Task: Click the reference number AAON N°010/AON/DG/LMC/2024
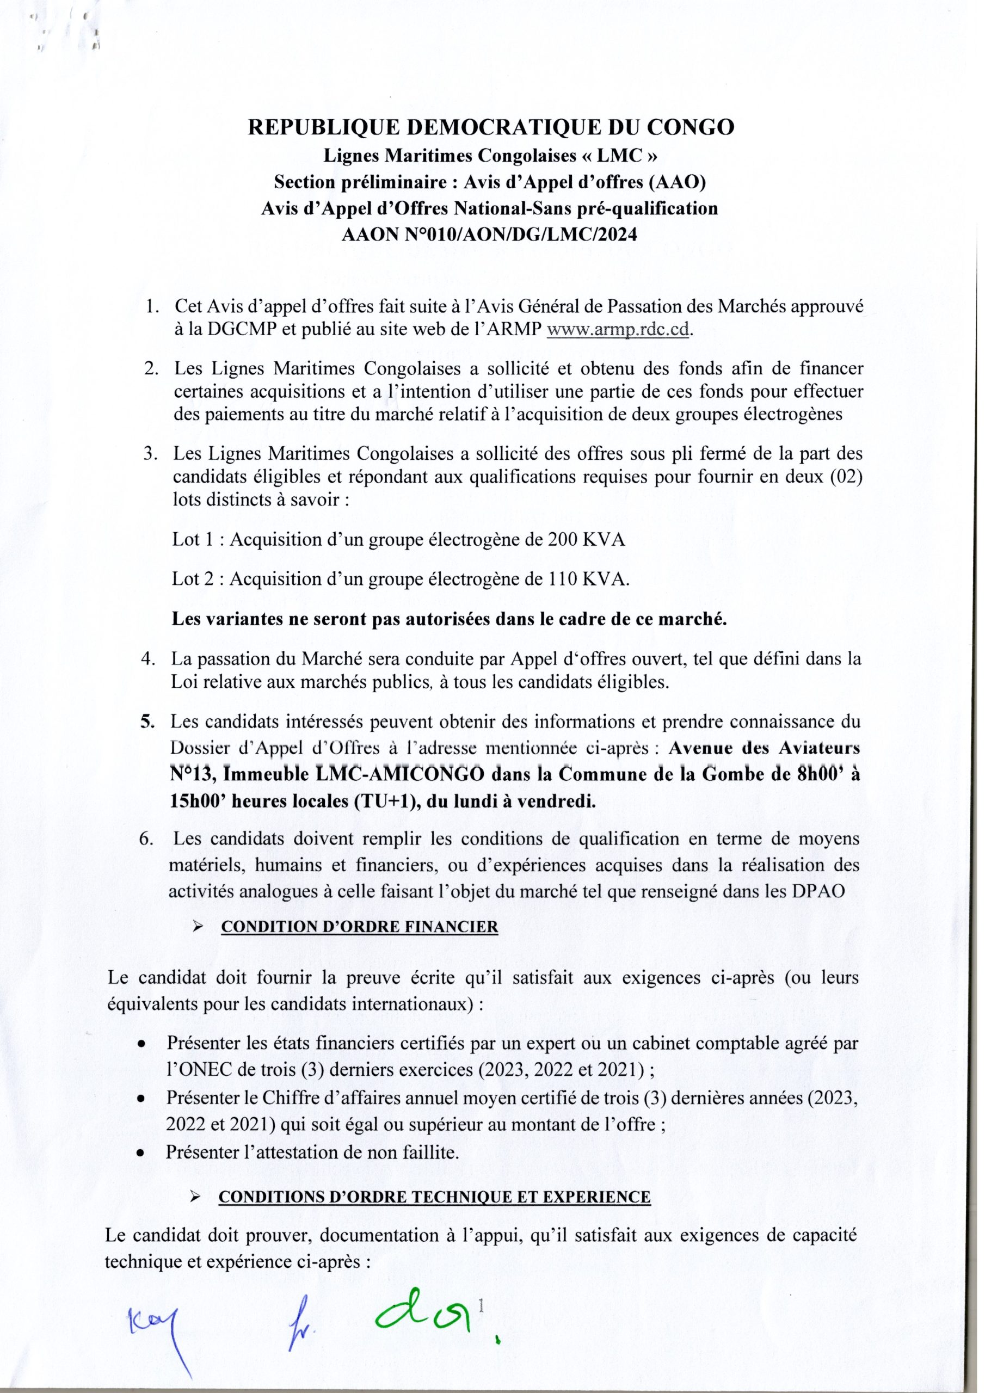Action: (490, 234)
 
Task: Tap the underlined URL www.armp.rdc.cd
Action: (619, 331)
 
